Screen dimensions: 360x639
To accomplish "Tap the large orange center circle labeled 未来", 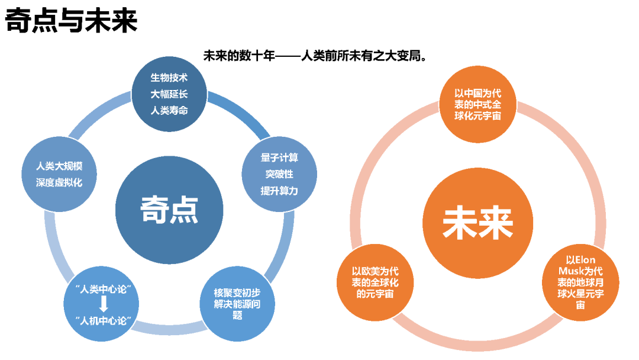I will (x=477, y=221).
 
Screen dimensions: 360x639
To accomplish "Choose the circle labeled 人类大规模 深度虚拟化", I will (x=59, y=174).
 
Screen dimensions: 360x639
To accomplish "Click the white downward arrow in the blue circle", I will (x=104, y=304).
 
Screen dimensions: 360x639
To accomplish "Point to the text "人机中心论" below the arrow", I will (x=104, y=320).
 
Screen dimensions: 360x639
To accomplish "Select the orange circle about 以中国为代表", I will (x=477, y=104).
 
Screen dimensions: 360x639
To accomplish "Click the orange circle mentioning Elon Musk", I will (x=580, y=282).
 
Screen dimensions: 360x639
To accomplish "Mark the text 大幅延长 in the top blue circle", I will (x=169, y=94).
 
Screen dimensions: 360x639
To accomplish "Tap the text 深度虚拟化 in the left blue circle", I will (x=59, y=182).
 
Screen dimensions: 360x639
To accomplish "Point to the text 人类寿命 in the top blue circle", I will (x=169, y=110).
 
